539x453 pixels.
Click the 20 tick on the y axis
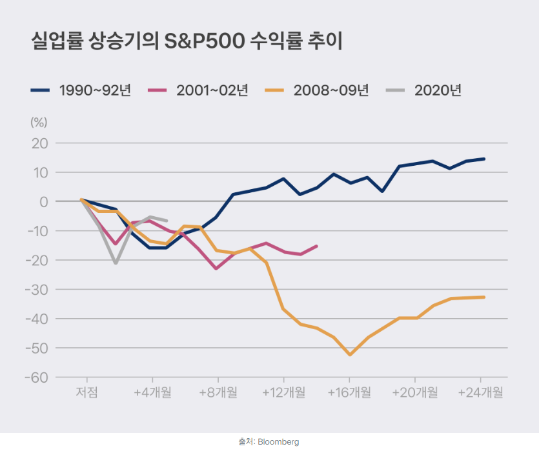40,143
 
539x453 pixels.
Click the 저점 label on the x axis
87,392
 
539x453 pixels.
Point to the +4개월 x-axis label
152,392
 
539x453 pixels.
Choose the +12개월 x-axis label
283,392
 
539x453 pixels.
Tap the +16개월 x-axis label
349,392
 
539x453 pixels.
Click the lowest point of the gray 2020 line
116,263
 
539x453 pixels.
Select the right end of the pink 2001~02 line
316,246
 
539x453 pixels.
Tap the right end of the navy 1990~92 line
483,159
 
